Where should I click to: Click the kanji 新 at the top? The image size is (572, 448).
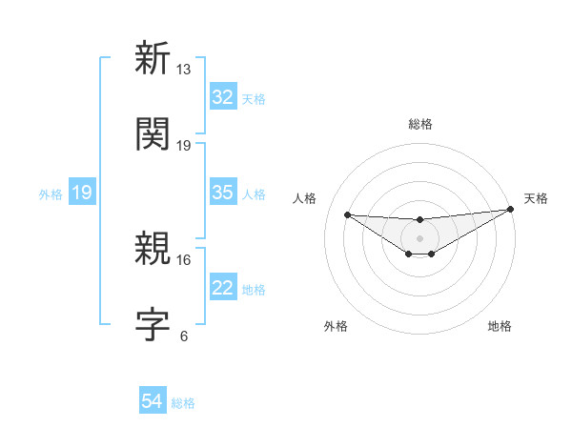(x=153, y=59)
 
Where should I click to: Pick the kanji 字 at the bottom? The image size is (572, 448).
(x=153, y=324)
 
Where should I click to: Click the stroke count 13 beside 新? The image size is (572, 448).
(x=184, y=70)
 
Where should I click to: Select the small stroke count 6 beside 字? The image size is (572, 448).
(x=184, y=336)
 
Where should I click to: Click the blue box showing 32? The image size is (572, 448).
(x=223, y=97)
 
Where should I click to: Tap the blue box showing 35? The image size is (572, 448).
(x=223, y=193)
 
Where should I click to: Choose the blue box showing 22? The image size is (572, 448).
(x=223, y=288)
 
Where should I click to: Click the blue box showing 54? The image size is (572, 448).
(x=153, y=402)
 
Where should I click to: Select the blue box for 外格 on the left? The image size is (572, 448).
(x=82, y=193)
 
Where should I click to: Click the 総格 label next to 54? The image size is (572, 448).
(x=183, y=403)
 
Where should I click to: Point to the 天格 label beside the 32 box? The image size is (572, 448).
(x=253, y=99)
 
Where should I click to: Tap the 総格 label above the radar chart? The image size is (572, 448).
(x=419, y=124)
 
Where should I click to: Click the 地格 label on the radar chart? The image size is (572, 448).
(x=500, y=326)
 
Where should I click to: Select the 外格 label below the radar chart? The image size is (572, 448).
(x=336, y=326)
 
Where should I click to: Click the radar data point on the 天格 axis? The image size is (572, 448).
(x=510, y=210)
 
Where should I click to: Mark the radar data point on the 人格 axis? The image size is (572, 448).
(x=348, y=214)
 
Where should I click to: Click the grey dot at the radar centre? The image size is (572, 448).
(x=419, y=237)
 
